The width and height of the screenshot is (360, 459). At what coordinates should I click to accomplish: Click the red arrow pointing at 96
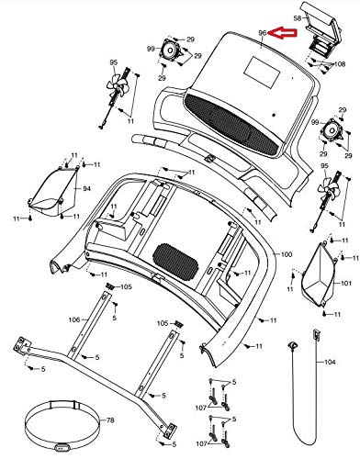[x=282, y=33]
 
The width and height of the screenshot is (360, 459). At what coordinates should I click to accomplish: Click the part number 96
[x=263, y=32]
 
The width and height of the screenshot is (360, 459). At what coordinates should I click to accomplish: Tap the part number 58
[x=298, y=18]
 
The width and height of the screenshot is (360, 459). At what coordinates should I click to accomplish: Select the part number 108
[x=339, y=64]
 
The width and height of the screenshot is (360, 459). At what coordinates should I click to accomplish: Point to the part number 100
[x=287, y=254]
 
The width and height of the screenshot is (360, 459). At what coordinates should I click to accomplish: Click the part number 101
[x=346, y=283]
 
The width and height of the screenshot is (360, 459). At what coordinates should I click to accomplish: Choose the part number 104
[x=330, y=362]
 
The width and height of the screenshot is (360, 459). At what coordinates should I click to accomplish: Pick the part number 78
[x=110, y=420]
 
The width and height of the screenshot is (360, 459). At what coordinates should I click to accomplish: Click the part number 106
[x=74, y=319]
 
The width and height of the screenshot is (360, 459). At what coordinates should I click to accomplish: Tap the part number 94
[x=87, y=189]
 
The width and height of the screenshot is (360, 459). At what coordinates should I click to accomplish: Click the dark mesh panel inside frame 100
[x=175, y=262]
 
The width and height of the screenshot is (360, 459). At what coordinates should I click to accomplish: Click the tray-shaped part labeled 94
[x=52, y=190]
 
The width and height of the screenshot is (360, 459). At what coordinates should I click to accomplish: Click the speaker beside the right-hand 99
[x=330, y=129]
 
